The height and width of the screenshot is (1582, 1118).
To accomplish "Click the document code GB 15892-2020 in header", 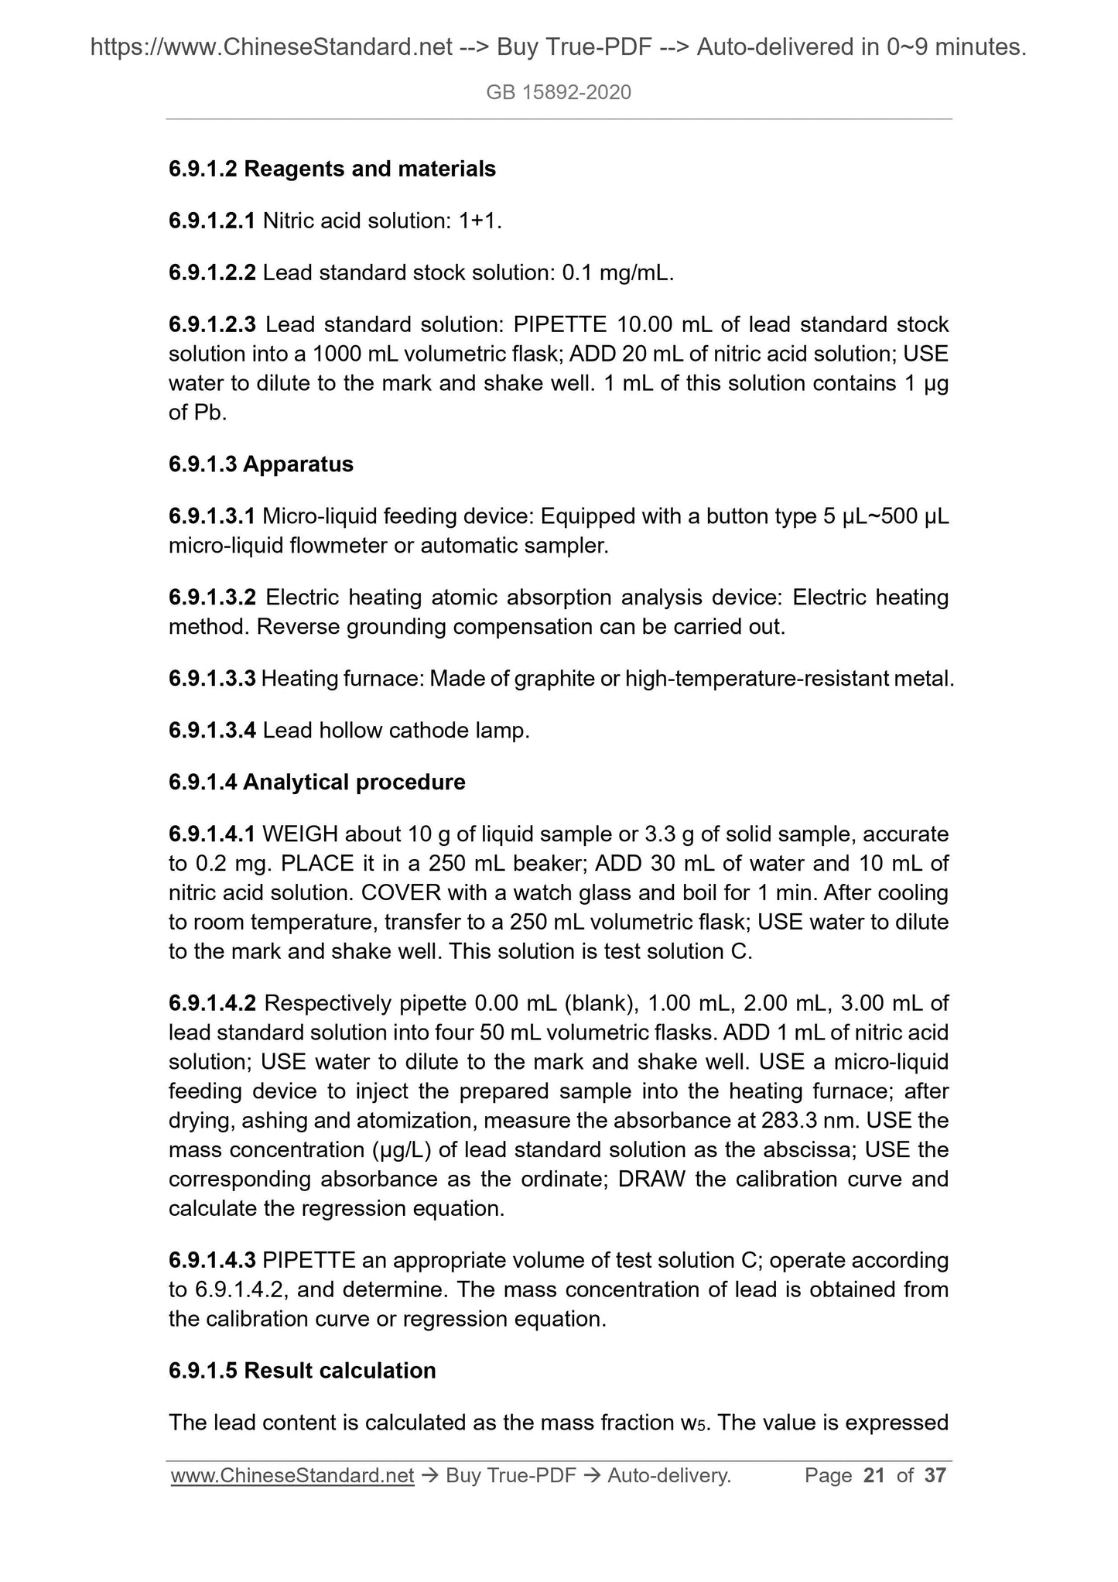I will coord(559,93).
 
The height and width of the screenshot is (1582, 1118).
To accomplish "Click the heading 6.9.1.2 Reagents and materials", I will coord(332,169).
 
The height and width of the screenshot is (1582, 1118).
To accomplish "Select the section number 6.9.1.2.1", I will coord(212,221).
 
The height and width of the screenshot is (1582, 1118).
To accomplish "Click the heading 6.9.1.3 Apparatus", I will coord(261,464).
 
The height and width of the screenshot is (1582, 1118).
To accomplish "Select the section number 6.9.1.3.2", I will coord(212,598).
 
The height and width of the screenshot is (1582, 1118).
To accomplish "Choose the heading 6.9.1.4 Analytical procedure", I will coord(317,782).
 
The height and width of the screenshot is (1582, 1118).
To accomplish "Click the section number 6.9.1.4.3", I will coord(212,1261).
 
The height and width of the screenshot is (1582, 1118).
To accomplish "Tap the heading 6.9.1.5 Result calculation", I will coord(302,1371).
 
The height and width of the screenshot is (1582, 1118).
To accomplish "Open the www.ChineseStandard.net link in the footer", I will coord(292,1476).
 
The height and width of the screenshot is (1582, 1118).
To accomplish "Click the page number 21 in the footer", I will coord(874,1476).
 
